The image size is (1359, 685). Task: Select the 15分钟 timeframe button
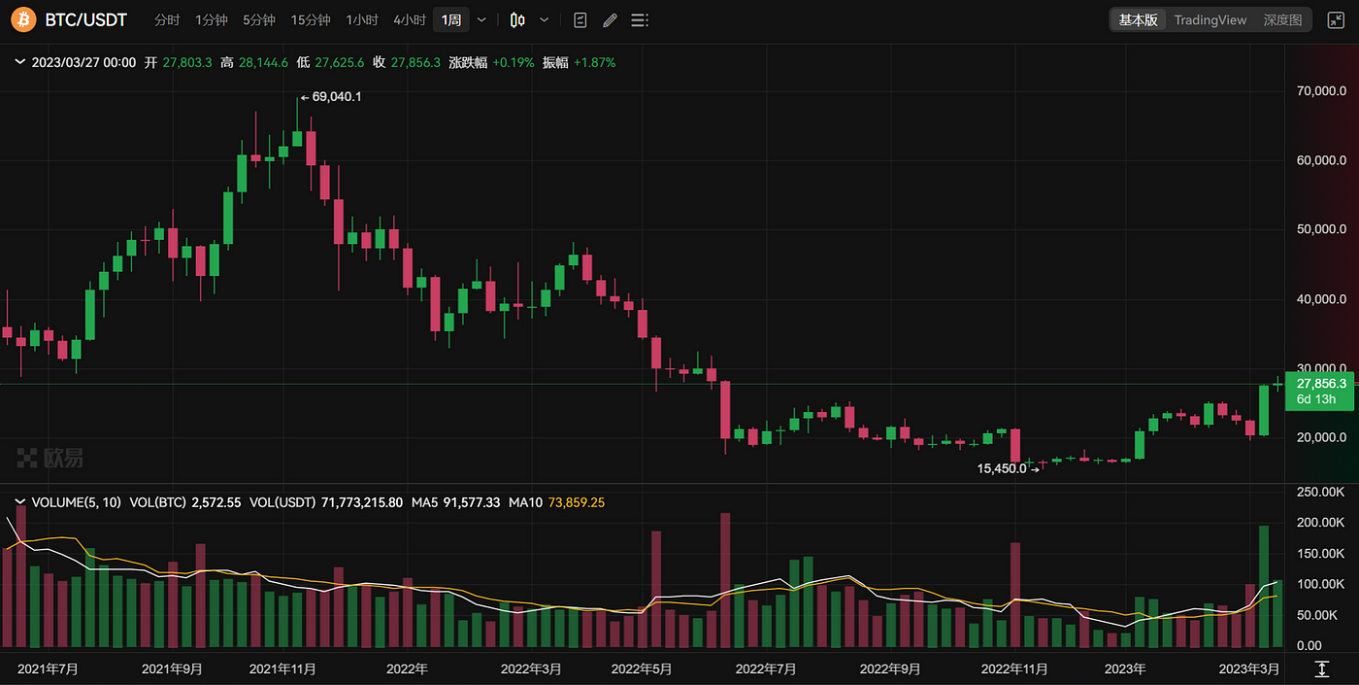(311, 20)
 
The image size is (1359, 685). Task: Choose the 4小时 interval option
(409, 20)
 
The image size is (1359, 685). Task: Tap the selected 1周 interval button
(451, 20)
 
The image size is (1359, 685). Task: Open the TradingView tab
(1210, 19)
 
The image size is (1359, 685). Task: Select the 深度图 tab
(1282, 19)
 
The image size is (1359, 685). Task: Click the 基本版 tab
(1138, 19)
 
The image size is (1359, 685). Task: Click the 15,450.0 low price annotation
(1001, 468)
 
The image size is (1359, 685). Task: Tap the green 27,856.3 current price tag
(1320, 384)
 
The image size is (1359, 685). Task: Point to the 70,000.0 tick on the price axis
(1321, 90)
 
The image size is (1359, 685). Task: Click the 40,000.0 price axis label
(1321, 299)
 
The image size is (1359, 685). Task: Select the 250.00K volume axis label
(1321, 492)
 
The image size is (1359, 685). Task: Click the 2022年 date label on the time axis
(407, 668)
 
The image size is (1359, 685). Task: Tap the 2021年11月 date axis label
(282, 668)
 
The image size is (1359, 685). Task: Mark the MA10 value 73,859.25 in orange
(576, 502)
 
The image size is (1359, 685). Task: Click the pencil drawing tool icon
(610, 20)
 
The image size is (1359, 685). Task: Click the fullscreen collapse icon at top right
(1336, 19)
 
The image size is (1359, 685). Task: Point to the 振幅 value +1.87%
(594, 62)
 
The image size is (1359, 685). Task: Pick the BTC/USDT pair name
(86, 19)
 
